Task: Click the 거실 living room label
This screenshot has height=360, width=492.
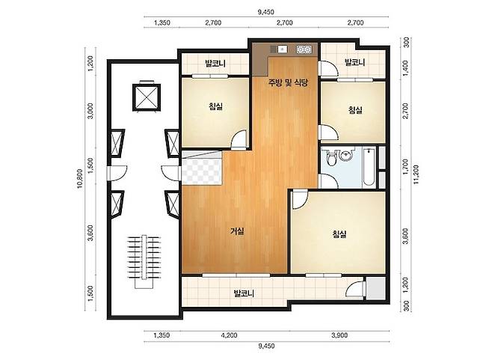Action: pos(237,231)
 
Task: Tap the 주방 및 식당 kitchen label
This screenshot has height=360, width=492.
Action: pos(288,82)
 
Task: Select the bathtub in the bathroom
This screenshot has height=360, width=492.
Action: pos(369,167)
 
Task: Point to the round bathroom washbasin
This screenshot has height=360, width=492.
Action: pos(345,156)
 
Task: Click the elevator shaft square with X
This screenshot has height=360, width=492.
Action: pos(147,97)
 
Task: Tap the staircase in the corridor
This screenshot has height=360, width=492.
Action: pos(144,261)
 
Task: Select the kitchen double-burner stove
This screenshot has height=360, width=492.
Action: pos(304,49)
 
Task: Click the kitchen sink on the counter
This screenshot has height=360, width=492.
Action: pos(282,49)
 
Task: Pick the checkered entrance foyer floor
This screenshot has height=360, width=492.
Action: pos(201,168)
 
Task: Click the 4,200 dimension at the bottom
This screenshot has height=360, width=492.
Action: pos(229,335)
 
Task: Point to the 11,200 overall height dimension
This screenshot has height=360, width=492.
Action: pos(416,174)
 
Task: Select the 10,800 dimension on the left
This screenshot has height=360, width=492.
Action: pos(80,178)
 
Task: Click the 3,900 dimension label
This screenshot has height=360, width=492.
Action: pos(339,335)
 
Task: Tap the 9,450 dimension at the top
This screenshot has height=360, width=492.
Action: pos(265,12)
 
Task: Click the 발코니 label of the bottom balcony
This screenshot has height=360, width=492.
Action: pos(244,293)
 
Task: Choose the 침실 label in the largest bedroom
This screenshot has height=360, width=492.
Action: pos(339,234)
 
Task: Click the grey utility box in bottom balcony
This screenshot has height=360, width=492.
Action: pos(376,288)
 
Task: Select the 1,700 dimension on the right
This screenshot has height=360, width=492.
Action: pos(405,167)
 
